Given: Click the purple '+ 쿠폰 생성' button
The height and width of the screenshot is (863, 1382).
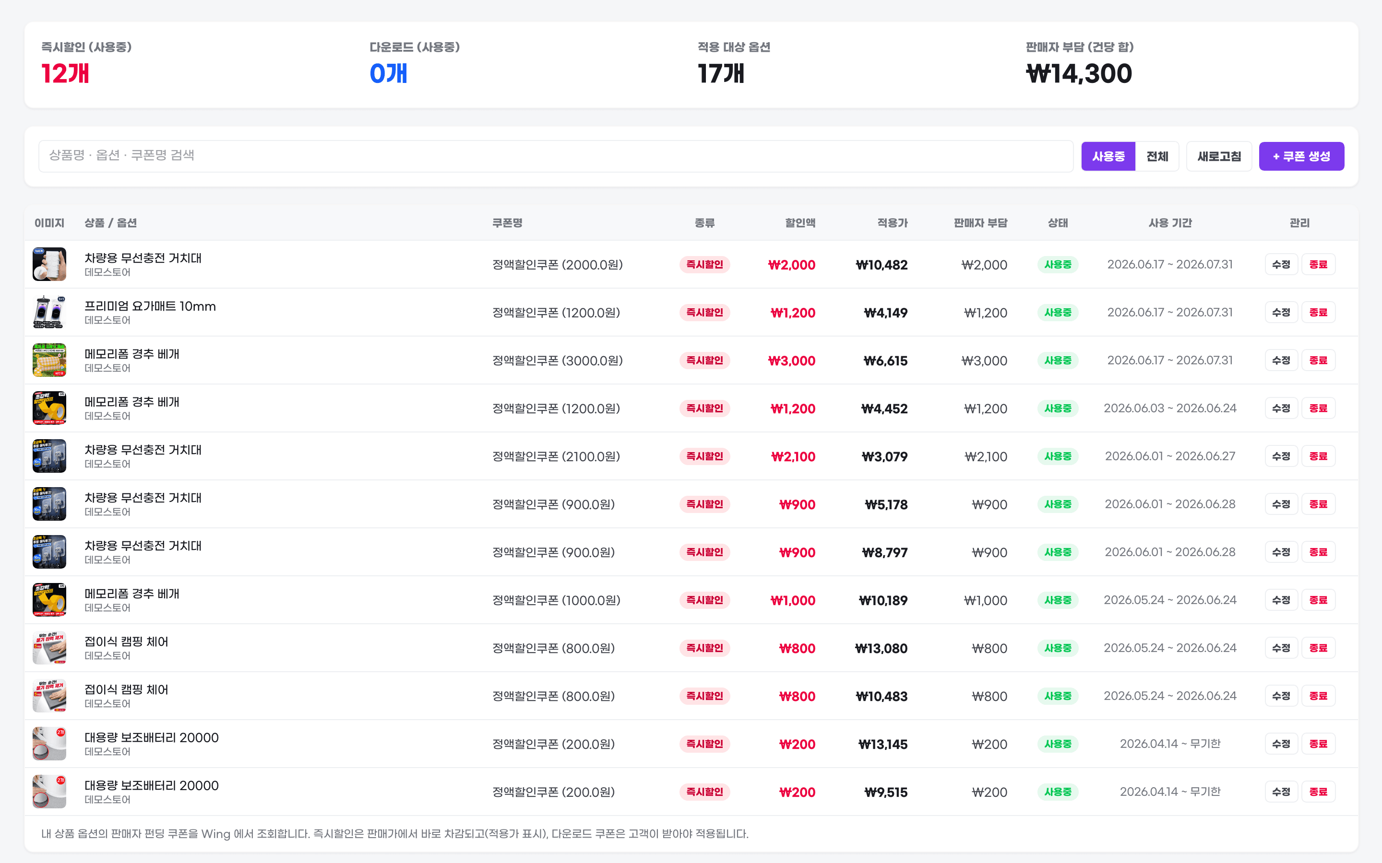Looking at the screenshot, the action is (1301, 156).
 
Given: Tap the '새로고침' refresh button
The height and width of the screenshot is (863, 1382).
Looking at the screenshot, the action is (1219, 156).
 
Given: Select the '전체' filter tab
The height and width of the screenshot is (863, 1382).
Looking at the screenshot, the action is (1157, 156).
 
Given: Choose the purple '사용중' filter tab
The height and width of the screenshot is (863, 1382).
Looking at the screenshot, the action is (1108, 156).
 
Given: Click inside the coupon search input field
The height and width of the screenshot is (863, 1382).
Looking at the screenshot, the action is (556, 156).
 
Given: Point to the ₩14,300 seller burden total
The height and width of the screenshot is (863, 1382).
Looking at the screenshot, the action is (1079, 74).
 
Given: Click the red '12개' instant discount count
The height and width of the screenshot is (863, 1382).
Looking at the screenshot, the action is (65, 74).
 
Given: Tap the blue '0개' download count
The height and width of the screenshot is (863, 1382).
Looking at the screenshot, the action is (388, 74).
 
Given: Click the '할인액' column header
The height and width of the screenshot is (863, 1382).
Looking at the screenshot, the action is (800, 223).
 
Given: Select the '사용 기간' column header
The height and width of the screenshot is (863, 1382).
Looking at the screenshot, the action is (1170, 223).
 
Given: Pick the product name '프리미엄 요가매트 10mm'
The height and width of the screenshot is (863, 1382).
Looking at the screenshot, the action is (150, 306).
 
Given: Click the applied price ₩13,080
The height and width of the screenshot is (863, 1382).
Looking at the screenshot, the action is (881, 648).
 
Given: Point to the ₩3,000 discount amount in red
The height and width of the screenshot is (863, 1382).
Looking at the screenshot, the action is (791, 361).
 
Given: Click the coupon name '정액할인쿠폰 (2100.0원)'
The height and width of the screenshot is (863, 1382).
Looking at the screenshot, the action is (556, 456).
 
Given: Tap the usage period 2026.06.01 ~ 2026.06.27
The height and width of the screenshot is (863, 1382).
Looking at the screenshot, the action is (1170, 456).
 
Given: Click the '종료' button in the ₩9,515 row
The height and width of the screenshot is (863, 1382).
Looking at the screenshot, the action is (1318, 792).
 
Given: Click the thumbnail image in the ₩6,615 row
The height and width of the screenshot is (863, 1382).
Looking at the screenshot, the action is (49, 360).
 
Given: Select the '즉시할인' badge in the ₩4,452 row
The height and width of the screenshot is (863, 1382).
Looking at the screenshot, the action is (705, 408).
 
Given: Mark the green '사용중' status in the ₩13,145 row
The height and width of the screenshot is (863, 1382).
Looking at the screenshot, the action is (1058, 744).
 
